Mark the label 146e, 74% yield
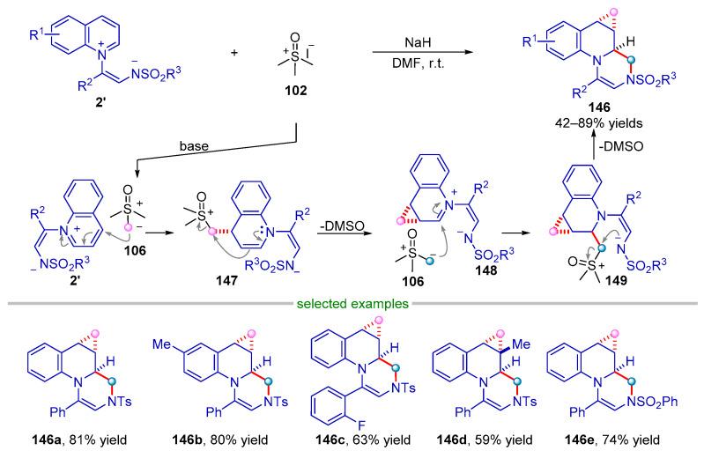click(x=630, y=435)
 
